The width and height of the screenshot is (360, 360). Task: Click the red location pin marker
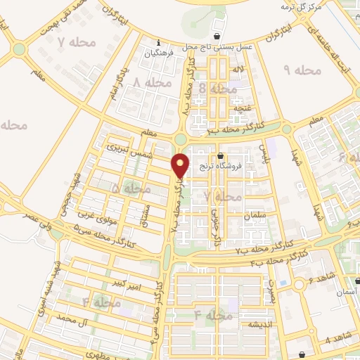coord(181,166)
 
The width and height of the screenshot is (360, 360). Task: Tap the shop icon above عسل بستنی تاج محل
coord(217,35)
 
